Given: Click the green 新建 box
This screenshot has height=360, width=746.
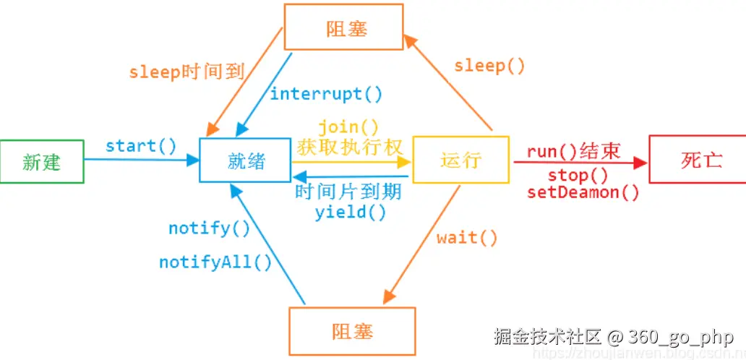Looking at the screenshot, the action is [x=42, y=161].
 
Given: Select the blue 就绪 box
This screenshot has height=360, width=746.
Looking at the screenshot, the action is [x=245, y=160].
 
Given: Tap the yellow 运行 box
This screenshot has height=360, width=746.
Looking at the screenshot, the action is [x=460, y=160].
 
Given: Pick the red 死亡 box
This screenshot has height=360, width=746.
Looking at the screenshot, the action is [x=698, y=159].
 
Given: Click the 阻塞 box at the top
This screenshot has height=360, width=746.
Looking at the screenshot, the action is [x=343, y=27].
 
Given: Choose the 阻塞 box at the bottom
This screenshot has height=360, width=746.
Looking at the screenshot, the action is [x=352, y=331].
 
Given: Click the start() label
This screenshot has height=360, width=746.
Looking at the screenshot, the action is [x=141, y=145].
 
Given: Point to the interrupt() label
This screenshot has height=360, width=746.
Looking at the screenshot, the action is [x=326, y=94].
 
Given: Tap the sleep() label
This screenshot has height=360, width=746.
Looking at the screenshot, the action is [x=489, y=66].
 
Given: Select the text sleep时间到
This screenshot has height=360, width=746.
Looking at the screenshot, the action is [x=186, y=72].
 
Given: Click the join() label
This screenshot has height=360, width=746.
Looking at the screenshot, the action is [x=348, y=127].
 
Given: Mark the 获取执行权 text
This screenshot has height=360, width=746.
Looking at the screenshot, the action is [x=350, y=147].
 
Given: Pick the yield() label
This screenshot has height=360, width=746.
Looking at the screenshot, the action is [x=350, y=212].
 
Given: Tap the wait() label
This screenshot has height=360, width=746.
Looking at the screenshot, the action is [x=467, y=237].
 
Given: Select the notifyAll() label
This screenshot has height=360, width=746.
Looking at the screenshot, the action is [x=215, y=262].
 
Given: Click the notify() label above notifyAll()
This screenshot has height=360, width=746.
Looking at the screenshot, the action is [x=210, y=228].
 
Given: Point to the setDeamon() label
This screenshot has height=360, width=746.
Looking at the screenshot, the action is [x=583, y=192].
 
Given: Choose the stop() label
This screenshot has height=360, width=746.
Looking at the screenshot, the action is [x=578, y=176].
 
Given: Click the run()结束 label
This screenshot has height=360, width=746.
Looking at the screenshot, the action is [x=574, y=152].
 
